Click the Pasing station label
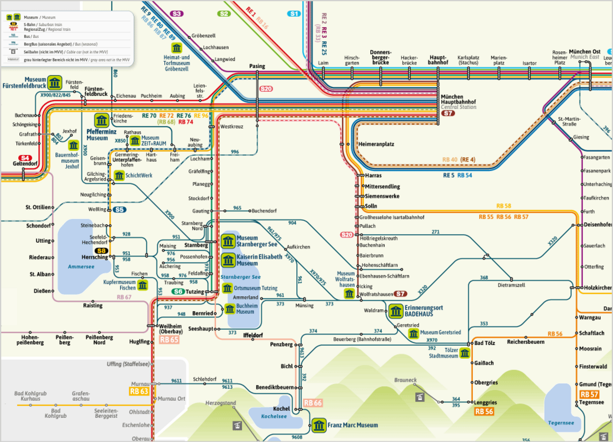tap(257, 66)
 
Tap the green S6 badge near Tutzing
tap(179, 292)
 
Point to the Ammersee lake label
tap(81, 267)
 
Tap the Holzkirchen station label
tap(598, 288)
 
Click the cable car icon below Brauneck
tap(420, 397)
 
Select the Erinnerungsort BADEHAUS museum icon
tap(396, 311)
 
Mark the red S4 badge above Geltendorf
tap(25, 158)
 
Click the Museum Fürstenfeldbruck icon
tap(55, 82)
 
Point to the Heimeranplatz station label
tap(376, 144)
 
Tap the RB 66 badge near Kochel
tap(313, 403)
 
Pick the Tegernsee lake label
tap(561, 423)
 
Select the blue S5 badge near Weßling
tap(119, 210)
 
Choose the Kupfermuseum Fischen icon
tap(143, 285)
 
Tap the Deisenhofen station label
tap(598, 225)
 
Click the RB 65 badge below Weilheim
tap(169, 340)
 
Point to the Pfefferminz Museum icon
tap(102, 120)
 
